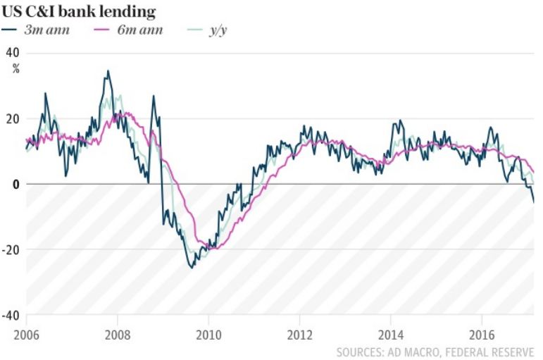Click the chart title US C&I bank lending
click(77, 12)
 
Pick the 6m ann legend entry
click(131, 30)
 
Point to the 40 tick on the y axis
click(13, 53)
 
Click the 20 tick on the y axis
click(13, 118)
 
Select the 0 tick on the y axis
click(16, 184)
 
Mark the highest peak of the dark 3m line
click(108, 70)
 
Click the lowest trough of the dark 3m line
click(191, 268)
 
